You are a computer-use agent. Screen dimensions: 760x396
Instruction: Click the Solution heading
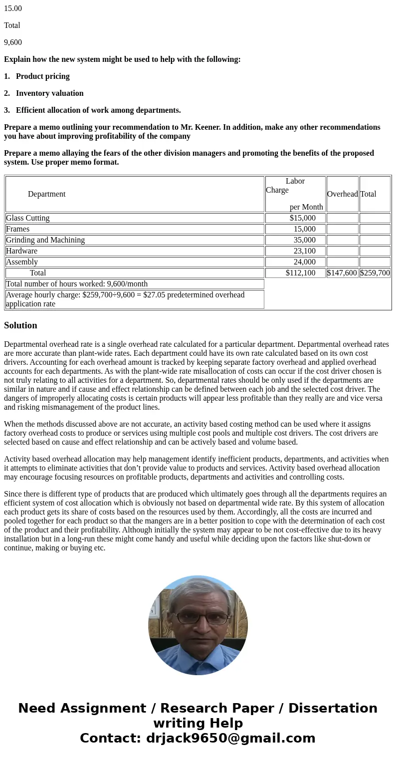click(x=20, y=325)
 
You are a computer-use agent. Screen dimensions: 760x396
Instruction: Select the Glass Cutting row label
click(x=28, y=218)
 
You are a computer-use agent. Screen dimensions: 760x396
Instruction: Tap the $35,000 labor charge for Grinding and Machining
click(x=304, y=240)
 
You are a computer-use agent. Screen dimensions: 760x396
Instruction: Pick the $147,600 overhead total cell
click(x=342, y=273)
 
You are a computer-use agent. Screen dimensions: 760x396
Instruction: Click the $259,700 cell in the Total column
click(x=375, y=273)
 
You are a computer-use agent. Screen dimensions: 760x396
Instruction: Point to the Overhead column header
click(x=342, y=194)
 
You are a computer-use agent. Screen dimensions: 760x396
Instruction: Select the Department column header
click(x=46, y=194)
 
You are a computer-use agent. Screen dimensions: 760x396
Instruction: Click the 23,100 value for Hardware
click(x=304, y=251)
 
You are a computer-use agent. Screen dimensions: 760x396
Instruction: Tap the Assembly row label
click(x=22, y=262)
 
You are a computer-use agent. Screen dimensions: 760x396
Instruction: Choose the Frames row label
click(x=18, y=229)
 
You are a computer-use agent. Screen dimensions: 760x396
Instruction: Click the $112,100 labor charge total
click(x=300, y=273)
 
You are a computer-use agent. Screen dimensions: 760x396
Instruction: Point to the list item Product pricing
click(x=42, y=76)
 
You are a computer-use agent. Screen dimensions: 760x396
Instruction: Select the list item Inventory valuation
click(x=49, y=93)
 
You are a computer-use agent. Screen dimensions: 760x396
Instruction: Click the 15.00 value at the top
click(x=13, y=8)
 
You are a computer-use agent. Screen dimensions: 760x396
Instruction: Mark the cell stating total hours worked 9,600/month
click(x=77, y=284)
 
